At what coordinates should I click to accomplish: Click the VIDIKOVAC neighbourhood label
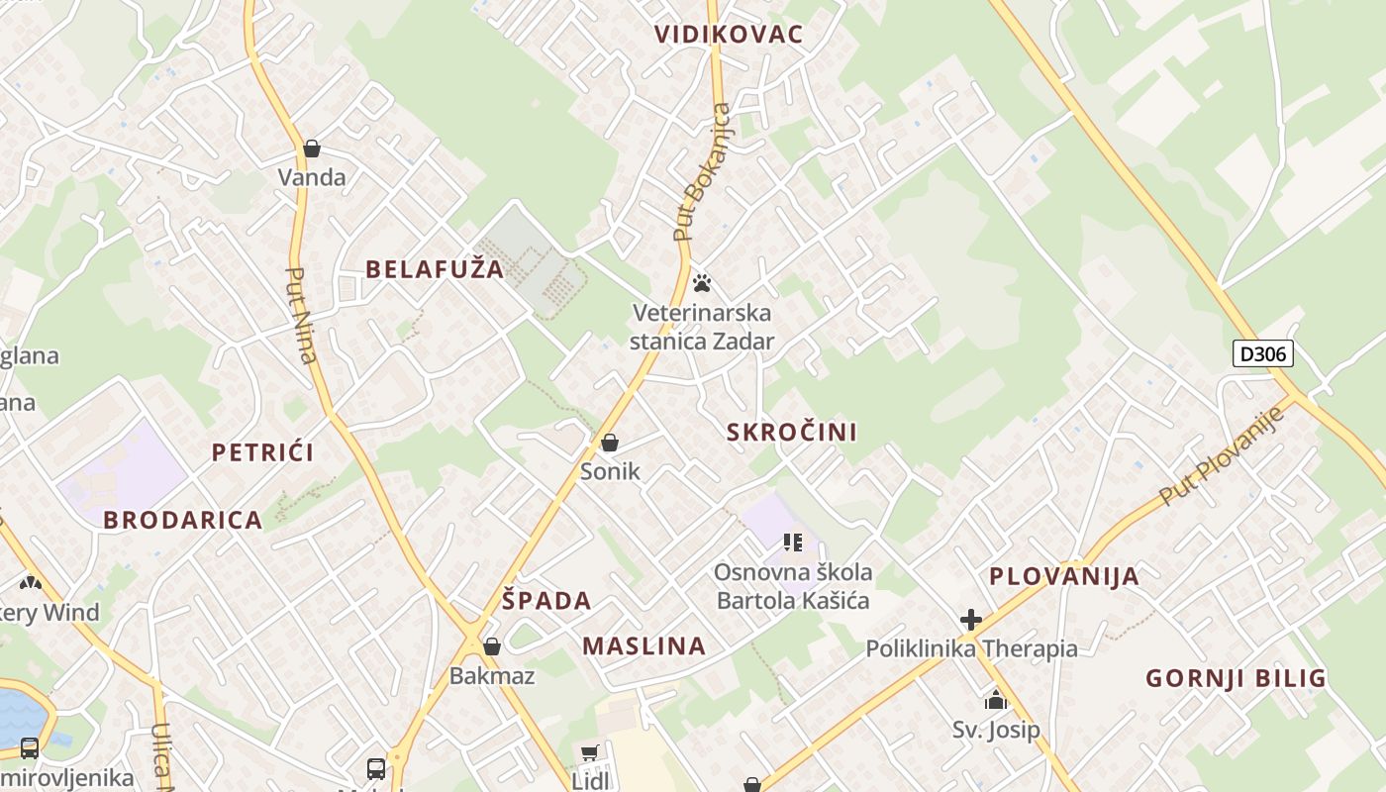click(728, 35)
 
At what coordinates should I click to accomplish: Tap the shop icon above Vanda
click(312, 149)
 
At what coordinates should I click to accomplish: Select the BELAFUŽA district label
click(435, 269)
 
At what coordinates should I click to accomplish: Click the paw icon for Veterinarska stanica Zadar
click(702, 284)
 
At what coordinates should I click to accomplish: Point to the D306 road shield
click(1263, 353)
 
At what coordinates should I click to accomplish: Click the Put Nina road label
click(300, 316)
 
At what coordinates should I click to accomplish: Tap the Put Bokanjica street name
click(702, 172)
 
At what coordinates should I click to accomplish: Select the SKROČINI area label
click(792, 433)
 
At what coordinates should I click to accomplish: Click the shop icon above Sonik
click(610, 443)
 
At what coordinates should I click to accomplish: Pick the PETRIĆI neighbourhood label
click(262, 453)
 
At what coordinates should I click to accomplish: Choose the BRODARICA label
click(183, 521)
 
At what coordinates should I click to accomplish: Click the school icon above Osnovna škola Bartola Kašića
click(792, 542)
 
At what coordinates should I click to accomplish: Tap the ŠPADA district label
click(546, 601)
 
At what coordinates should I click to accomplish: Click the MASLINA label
click(643, 647)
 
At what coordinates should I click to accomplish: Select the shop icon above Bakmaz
click(491, 646)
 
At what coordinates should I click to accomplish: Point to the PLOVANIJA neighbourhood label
click(1064, 577)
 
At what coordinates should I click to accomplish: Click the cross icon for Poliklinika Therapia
click(970, 620)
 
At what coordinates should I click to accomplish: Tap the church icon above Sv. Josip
click(996, 701)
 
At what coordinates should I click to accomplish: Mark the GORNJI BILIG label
click(1236, 679)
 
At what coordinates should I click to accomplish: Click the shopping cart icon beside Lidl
click(589, 754)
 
